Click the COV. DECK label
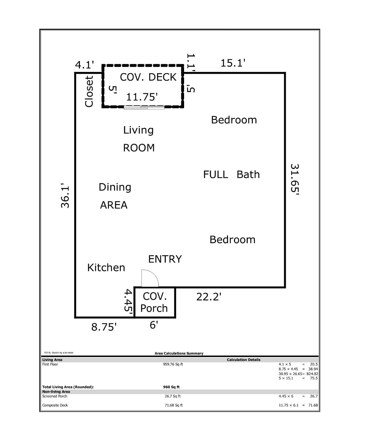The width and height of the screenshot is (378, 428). (x=148, y=77)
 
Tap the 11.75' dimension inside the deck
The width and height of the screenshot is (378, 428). (x=142, y=97)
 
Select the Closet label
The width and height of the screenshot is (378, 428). (x=89, y=92)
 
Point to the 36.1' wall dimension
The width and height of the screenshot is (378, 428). (x=65, y=195)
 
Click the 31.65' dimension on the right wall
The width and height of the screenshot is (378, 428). (x=295, y=180)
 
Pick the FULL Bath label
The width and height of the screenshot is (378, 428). (x=231, y=175)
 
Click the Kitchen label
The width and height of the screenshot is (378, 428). (x=106, y=268)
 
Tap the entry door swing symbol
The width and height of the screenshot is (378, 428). (x=149, y=279)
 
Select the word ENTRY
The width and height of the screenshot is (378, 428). (x=165, y=259)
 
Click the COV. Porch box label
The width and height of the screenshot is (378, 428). (x=154, y=302)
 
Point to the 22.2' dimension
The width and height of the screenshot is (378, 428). (x=209, y=297)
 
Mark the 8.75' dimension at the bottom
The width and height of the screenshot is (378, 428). (x=104, y=327)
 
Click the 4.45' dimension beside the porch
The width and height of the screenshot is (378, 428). (x=128, y=302)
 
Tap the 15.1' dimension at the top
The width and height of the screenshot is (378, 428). (x=233, y=63)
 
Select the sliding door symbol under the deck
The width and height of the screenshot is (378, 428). (x=144, y=108)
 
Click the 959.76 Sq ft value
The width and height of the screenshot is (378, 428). (x=173, y=364)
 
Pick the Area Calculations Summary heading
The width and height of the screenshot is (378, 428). (x=179, y=353)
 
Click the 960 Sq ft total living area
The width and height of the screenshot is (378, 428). (x=171, y=387)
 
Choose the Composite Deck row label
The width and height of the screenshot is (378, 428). (x=55, y=405)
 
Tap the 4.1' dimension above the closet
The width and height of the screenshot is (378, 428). (x=84, y=65)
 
